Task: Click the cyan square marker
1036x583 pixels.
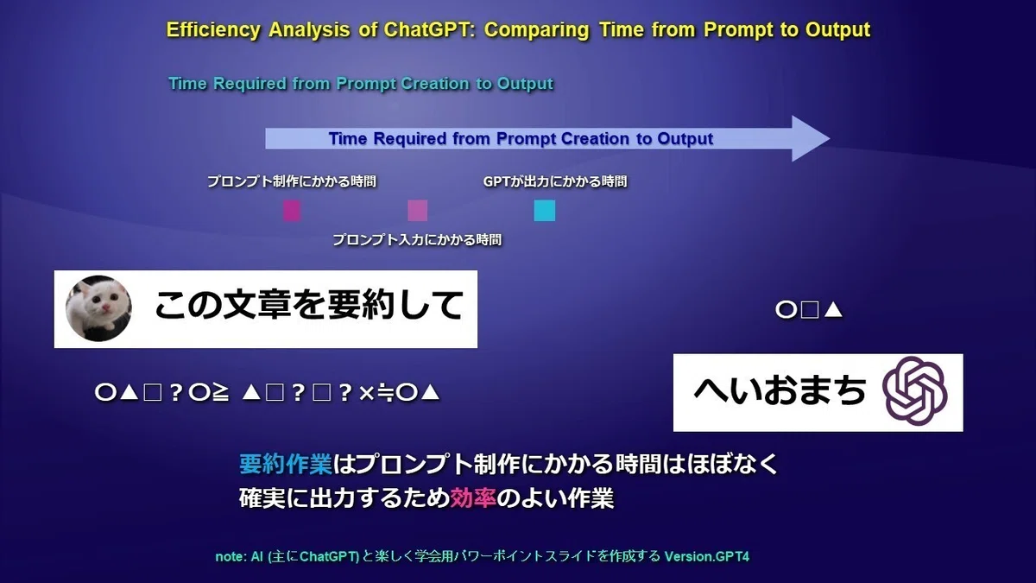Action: [x=545, y=211]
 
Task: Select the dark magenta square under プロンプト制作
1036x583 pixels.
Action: [x=292, y=211]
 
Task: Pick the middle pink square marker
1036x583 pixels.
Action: [x=417, y=211]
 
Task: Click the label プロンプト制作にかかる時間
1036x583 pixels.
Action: [x=292, y=181]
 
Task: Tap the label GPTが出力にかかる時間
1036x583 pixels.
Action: [x=555, y=181]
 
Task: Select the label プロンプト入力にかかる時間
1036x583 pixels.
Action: [x=417, y=240]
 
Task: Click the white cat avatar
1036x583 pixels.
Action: [x=98, y=308]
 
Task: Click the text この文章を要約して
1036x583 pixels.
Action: [x=308, y=306]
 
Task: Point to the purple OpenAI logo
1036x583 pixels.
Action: [x=914, y=391]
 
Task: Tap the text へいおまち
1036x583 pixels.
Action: [x=780, y=391]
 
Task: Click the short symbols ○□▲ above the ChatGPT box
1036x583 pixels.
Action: [x=809, y=310]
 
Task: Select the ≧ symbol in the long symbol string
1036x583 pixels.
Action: [x=220, y=393]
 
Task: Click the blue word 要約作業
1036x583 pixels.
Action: [x=286, y=464]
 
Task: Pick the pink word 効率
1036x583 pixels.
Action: [x=473, y=497]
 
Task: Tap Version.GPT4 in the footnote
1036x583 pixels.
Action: [x=707, y=556]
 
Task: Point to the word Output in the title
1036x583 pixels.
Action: [x=837, y=30]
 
